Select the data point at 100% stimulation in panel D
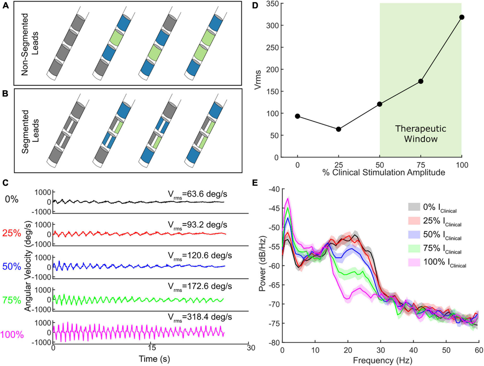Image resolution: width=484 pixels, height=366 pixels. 462,17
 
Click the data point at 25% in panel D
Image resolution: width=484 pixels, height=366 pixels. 339,129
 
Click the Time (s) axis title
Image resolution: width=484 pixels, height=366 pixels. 151,358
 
